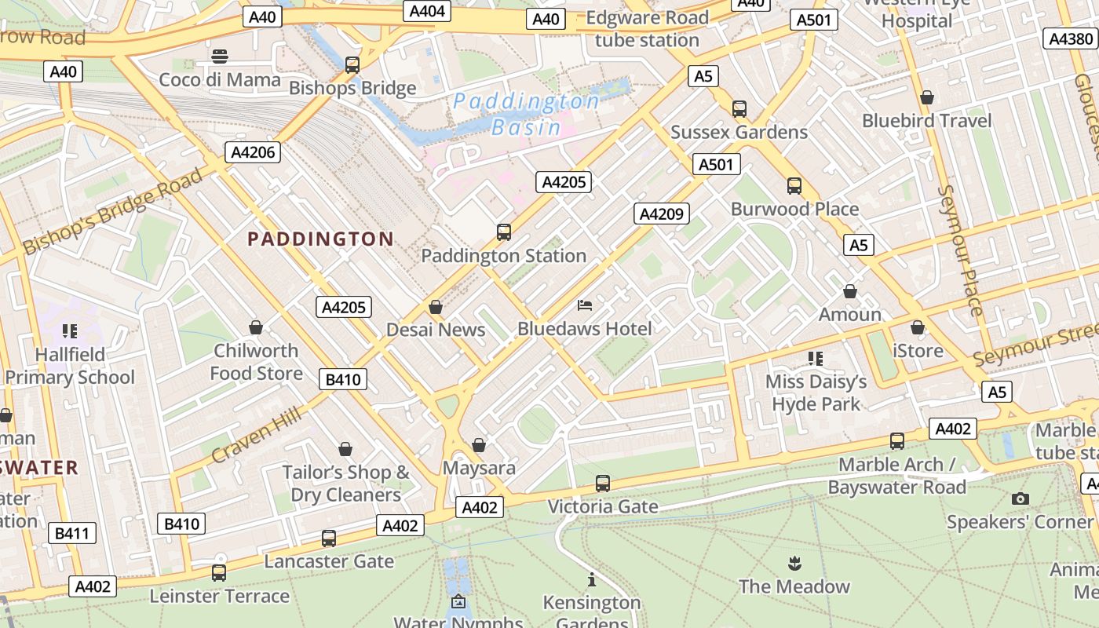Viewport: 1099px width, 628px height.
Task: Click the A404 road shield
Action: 428,10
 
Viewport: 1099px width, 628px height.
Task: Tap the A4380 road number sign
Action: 1071,38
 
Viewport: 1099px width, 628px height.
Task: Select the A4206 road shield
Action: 253,152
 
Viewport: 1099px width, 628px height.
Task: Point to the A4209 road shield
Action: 662,214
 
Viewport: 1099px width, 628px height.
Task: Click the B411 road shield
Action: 71,534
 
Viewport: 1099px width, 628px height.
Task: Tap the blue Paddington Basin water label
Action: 526,114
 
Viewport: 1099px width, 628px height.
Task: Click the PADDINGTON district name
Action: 320,239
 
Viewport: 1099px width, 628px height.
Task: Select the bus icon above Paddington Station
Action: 504,232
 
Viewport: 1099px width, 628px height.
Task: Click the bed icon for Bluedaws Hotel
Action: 585,305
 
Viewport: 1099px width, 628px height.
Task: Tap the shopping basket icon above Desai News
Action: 436,307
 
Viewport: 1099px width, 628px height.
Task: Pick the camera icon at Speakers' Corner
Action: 1020,498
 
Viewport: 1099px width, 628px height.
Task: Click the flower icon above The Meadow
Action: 794,563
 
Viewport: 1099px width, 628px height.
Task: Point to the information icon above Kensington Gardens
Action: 592,580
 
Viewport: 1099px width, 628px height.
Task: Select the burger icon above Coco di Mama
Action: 220,57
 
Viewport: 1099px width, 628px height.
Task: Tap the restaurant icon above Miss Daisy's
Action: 816,359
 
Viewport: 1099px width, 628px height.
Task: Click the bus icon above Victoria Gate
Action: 603,484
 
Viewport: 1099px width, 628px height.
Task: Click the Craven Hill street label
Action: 256,435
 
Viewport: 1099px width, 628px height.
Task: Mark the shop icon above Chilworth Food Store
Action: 256,327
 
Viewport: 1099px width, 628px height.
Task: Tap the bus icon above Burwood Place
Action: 794,186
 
